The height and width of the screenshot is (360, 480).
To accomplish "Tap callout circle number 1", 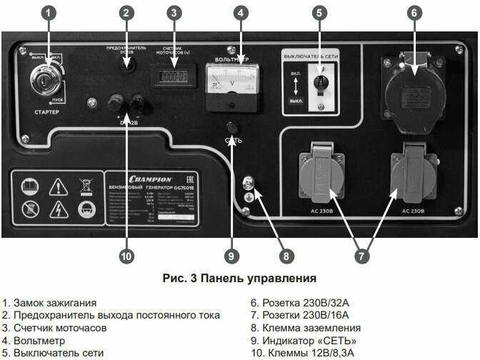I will (x=48, y=12).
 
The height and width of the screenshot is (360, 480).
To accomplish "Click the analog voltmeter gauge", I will (x=232, y=84).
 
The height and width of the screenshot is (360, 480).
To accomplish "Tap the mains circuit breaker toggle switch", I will (x=321, y=83).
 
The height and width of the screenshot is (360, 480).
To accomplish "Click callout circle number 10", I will (x=126, y=256).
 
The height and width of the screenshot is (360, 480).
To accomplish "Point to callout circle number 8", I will (x=286, y=256).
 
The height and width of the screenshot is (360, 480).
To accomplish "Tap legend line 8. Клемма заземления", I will (x=301, y=328).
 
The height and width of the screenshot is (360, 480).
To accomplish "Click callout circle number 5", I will (x=319, y=12).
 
